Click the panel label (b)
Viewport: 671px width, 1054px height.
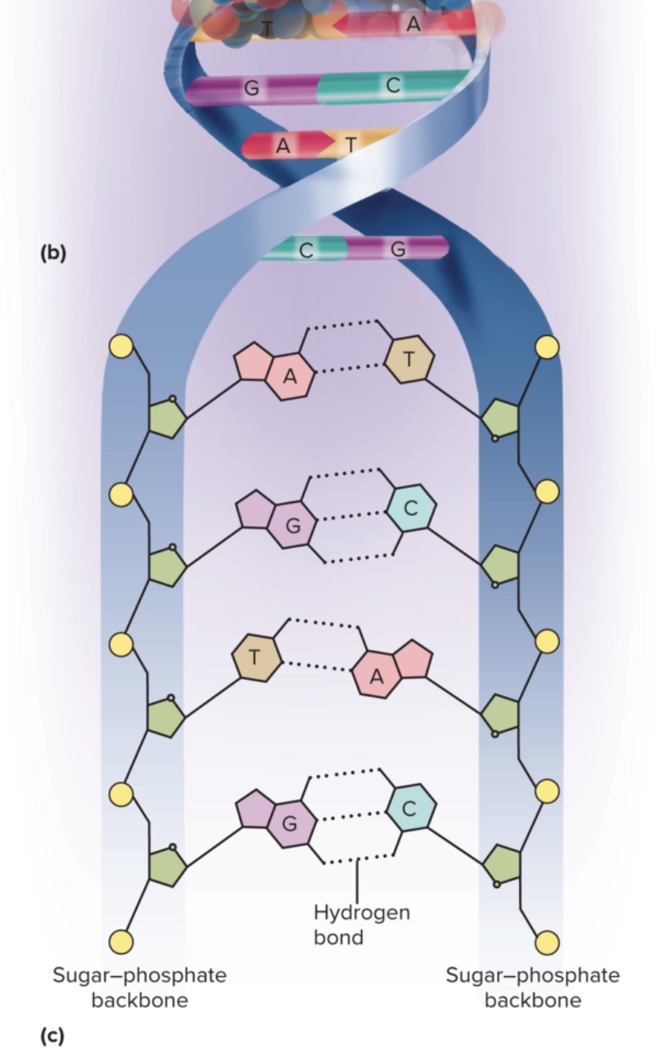[52, 253]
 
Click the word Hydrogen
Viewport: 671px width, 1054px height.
[362, 913]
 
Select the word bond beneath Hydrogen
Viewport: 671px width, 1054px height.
[338, 937]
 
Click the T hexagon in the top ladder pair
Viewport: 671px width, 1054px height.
[409, 359]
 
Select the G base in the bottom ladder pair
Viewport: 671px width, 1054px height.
[290, 824]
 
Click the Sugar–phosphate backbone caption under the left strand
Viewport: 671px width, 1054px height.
[140, 987]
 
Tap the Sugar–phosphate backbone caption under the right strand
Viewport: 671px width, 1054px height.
[533, 987]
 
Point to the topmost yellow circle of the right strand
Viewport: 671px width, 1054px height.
[547, 347]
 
